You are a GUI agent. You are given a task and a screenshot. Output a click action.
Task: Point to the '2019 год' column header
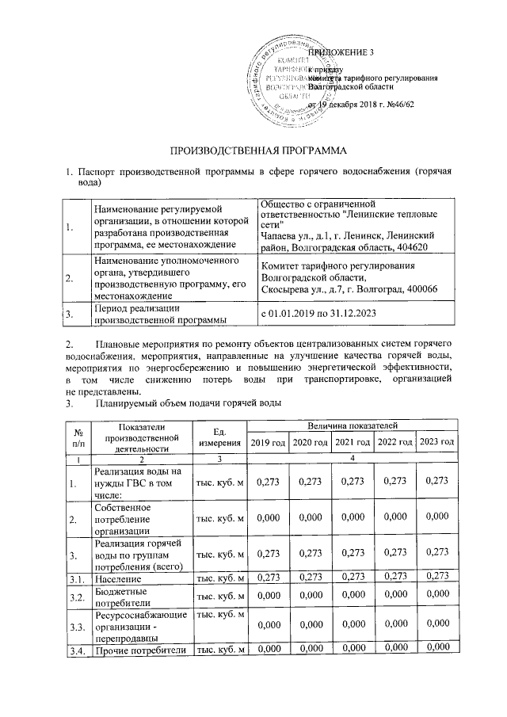268,441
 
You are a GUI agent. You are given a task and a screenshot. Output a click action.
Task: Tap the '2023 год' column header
437,441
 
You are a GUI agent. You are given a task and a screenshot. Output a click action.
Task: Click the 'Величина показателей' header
353,426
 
